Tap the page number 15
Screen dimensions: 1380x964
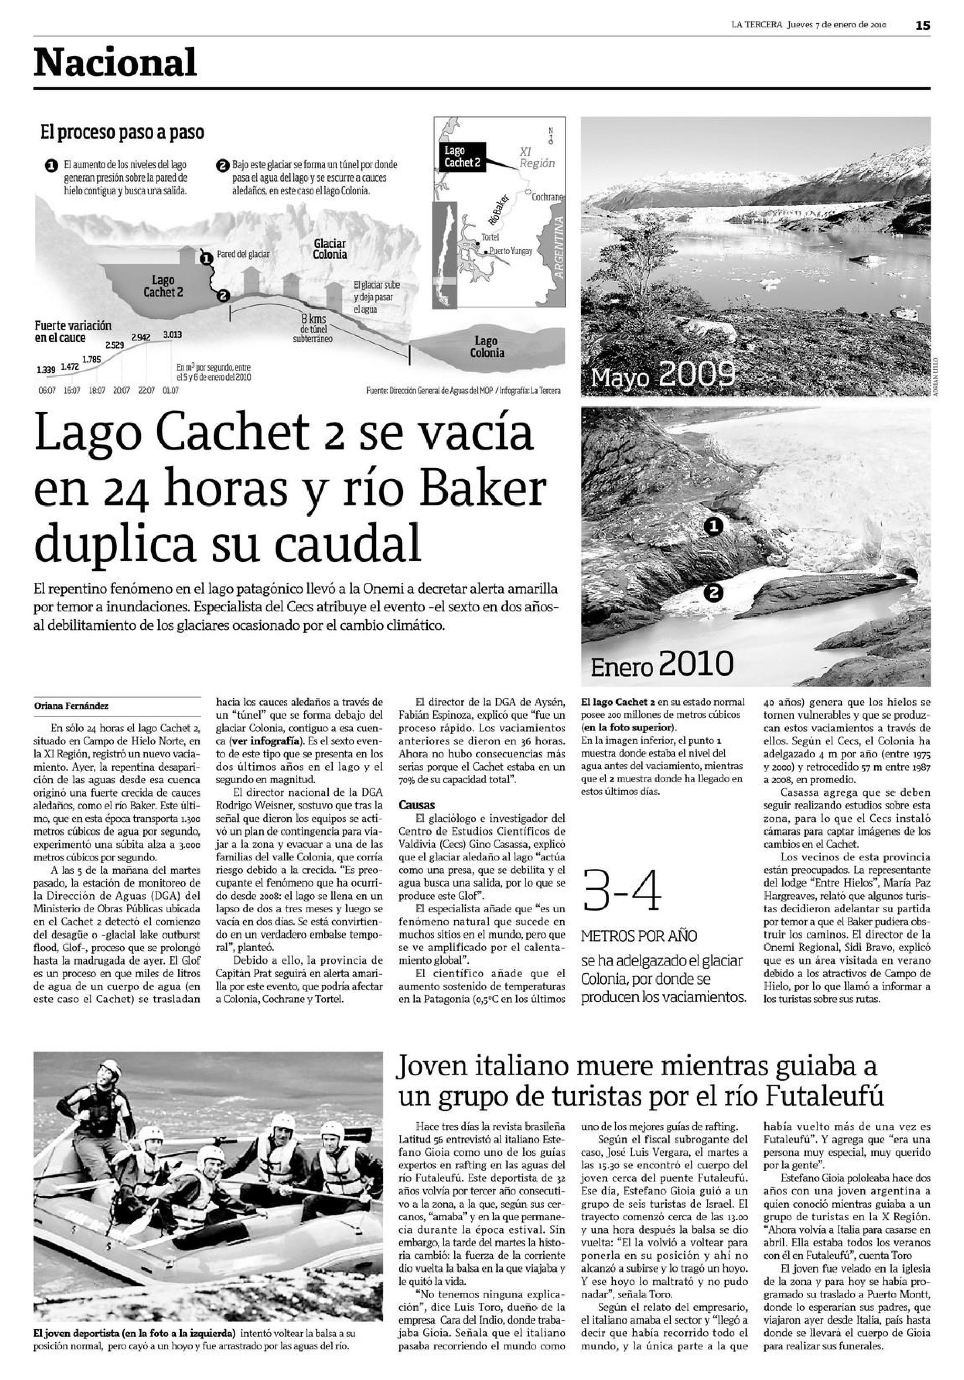(x=923, y=25)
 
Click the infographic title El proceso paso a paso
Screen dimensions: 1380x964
(x=122, y=132)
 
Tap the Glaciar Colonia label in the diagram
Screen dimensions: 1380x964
(x=330, y=249)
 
